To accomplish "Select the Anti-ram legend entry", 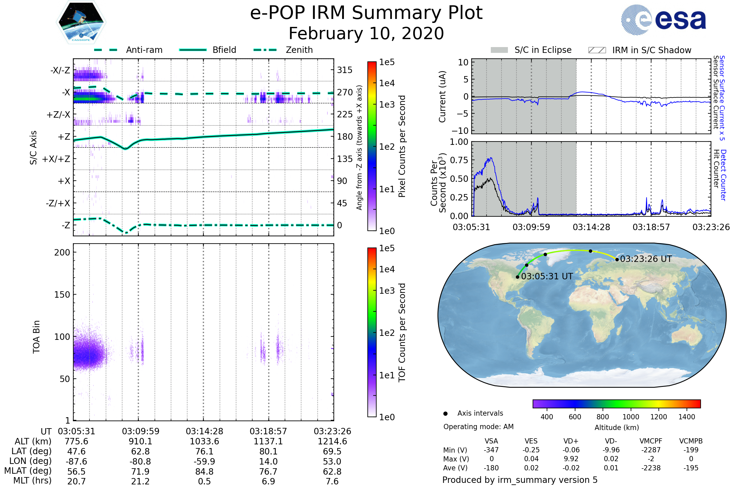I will (128, 50).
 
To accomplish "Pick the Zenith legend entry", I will (283, 50).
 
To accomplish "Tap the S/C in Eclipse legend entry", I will (531, 50).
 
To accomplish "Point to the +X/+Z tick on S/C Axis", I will (56, 159).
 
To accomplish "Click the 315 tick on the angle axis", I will (345, 70).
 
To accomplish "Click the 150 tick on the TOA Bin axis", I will (62, 295).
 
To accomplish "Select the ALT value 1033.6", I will (204, 441).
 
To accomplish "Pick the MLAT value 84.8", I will (204, 472).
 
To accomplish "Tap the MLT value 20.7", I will (76, 481).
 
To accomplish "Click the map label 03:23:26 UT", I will (646, 259).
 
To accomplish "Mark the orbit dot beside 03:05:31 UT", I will (517, 277).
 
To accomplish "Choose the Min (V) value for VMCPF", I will (651, 450).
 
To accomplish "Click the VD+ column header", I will (571, 441).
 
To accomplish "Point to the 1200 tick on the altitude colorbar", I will (658, 417).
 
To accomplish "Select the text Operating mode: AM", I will (478, 427).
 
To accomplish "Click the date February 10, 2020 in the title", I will (366, 33).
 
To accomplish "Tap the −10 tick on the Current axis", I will (460, 131).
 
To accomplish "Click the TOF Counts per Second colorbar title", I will (402, 333).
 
